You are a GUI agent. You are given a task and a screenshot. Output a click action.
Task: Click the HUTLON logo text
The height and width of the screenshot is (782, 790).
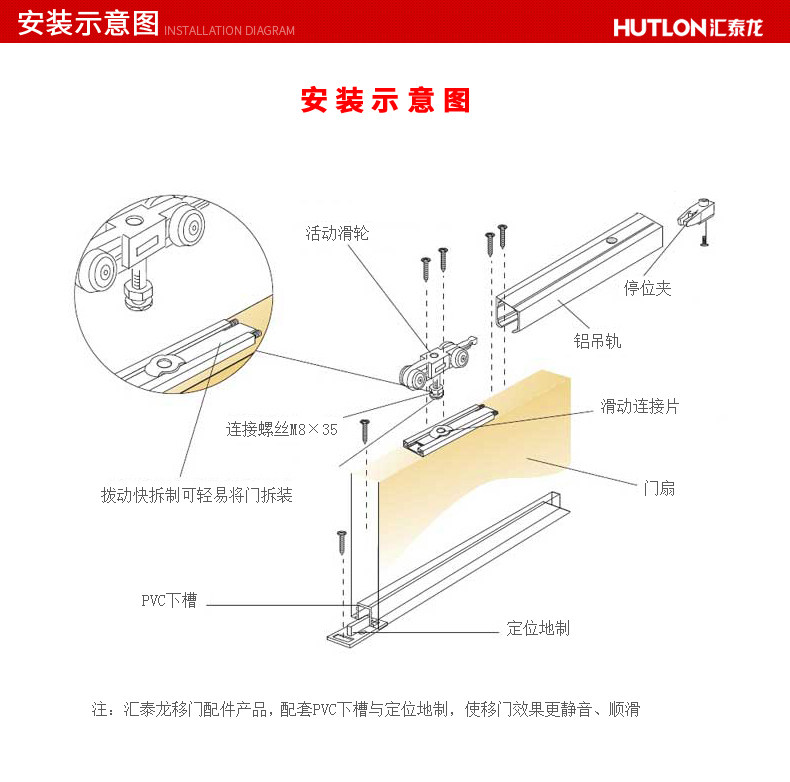pos(688,27)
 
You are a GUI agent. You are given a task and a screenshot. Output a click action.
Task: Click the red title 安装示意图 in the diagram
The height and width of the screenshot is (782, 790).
pos(385,100)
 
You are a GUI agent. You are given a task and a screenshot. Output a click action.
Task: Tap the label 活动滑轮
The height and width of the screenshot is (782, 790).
pos(337,233)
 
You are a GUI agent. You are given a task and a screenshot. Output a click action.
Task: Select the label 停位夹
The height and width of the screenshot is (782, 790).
pos(647,288)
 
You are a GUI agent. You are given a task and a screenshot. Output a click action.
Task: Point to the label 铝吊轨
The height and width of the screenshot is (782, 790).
pos(597,340)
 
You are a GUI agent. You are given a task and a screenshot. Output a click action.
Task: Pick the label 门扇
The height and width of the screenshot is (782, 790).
pos(659,488)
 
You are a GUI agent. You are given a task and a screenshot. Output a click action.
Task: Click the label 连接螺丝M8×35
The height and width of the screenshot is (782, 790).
pos(282,430)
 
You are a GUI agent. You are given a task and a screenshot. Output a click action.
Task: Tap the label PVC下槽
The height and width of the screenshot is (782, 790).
pos(169,601)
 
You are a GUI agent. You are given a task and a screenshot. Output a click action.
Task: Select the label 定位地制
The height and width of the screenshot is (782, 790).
pos(538,628)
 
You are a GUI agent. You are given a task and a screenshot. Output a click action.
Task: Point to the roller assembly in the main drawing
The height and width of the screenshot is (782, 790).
pos(438,368)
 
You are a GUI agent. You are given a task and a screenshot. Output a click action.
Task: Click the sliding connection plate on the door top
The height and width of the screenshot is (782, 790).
pos(448,427)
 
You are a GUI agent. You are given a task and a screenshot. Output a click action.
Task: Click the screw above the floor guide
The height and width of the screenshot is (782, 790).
pos(342,545)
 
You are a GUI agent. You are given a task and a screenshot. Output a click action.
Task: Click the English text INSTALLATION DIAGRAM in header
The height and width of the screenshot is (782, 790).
pos(229,31)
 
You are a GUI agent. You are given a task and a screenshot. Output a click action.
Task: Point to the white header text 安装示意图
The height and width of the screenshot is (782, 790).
pos(88,23)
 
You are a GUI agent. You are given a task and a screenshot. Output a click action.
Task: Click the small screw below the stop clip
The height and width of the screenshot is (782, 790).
pos(705,241)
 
